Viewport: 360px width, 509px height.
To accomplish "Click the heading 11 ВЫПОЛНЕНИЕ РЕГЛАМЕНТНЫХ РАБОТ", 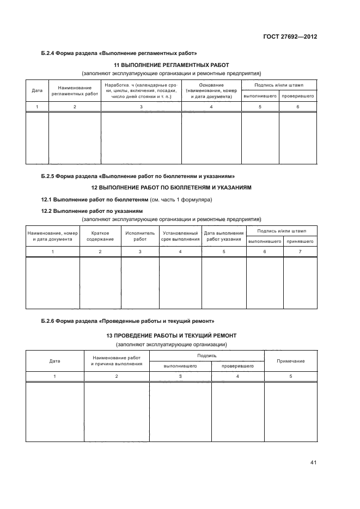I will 171,65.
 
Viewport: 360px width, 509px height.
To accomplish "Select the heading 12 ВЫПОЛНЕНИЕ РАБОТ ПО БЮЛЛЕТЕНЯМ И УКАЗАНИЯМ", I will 171,187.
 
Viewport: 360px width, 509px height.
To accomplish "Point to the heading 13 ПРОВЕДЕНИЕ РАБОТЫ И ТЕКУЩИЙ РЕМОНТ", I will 171,336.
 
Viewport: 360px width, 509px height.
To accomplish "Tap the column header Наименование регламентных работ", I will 75,90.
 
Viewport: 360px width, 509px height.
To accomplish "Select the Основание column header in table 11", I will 211,90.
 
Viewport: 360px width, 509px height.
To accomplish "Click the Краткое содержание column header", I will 100,236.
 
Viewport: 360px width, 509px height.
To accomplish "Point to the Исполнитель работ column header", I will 140,236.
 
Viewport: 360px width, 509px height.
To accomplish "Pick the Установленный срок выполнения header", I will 180,236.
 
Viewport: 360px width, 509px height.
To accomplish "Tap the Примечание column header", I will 290,361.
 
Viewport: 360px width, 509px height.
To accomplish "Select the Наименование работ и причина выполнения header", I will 117,360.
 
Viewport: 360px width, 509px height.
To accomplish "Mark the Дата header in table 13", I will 54,361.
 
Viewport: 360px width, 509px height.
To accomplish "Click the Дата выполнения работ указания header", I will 224,236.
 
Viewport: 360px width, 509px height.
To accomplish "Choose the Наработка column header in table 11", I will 141,90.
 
